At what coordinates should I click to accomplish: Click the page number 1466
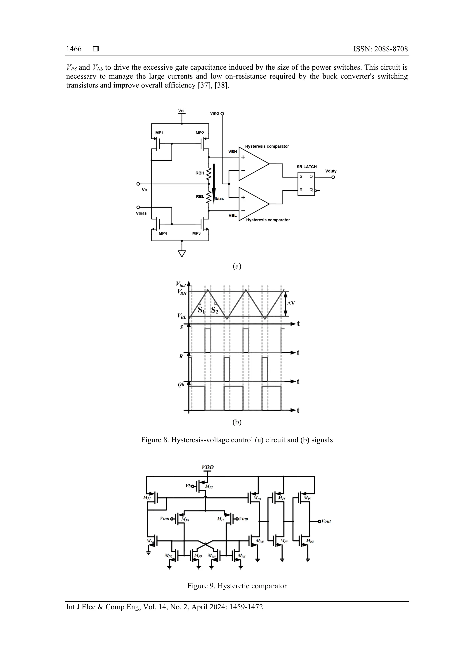74,49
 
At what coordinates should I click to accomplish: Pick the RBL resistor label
200,196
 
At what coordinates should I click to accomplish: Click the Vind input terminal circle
222,114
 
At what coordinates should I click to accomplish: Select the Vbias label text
141,213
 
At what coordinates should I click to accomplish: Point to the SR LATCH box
306,184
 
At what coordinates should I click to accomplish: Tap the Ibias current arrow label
219,199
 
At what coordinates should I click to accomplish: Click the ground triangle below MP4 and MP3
182,253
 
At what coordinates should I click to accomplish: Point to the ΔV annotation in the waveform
291,303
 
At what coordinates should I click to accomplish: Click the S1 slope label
201,310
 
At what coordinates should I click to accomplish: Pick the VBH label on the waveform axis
182,292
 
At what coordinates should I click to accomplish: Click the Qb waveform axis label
181,385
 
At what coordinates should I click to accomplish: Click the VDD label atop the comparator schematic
208,467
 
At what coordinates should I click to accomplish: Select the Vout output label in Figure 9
326,521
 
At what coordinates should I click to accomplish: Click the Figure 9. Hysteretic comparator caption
237,586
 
